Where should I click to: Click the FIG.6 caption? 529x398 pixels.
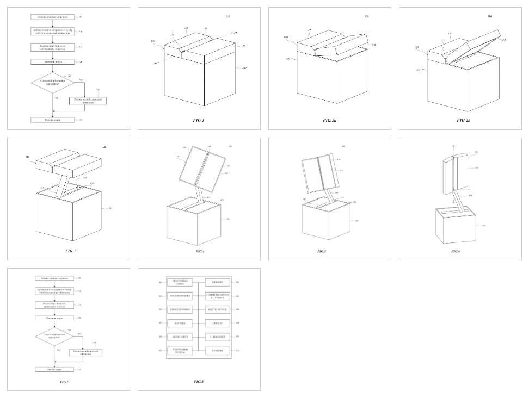(x=460, y=251)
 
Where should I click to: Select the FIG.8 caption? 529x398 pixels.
(x=199, y=382)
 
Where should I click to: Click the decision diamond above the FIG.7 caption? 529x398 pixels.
(x=54, y=336)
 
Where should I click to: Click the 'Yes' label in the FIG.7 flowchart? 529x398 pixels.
(x=79, y=333)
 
